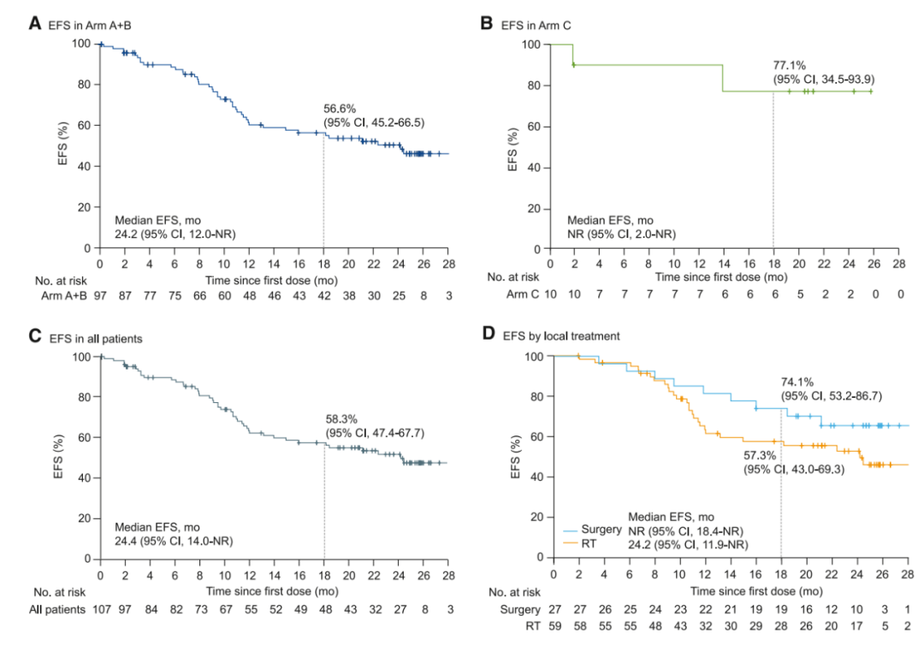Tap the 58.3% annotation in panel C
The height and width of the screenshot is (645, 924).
tap(341, 419)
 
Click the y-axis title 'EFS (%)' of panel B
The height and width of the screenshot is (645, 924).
tap(512, 146)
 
